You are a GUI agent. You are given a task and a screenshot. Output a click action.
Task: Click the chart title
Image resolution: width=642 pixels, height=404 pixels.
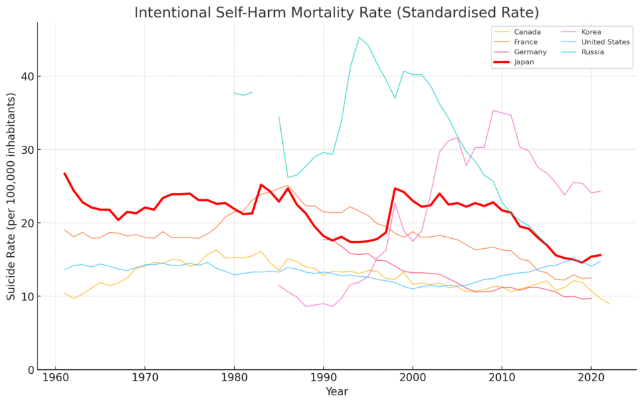tap(336, 13)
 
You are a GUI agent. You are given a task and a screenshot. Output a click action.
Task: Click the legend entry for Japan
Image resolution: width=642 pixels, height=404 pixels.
tap(524, 62)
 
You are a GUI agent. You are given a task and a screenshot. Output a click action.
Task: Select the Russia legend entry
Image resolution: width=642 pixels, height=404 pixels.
tap(593, 52)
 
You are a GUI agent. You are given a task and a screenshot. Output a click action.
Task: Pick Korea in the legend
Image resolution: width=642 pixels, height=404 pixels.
tap(591, 32)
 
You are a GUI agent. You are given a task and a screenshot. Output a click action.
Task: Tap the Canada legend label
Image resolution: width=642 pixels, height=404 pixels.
tap(527, 32)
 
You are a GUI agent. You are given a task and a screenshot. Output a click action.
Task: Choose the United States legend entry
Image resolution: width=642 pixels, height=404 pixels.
tap(605, 42)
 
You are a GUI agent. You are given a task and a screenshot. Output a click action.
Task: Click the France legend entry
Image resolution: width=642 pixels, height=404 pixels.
tap(526, 42)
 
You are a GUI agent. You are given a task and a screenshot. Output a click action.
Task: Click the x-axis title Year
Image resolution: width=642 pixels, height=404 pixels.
tap(336, 392)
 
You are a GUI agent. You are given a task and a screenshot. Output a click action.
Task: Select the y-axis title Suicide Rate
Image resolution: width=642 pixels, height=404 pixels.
tap(11, 196)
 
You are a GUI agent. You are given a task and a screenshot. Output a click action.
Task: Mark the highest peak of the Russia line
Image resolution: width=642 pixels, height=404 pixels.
tap(359, 37)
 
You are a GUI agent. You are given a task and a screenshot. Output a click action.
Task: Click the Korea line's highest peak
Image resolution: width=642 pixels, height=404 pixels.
tap(493, 110)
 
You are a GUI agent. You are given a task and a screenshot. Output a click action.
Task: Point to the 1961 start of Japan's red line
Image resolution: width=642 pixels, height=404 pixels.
tap(65, 173)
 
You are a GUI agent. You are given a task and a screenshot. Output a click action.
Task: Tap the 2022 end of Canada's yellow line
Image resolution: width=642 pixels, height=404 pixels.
tap(609, 304)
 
